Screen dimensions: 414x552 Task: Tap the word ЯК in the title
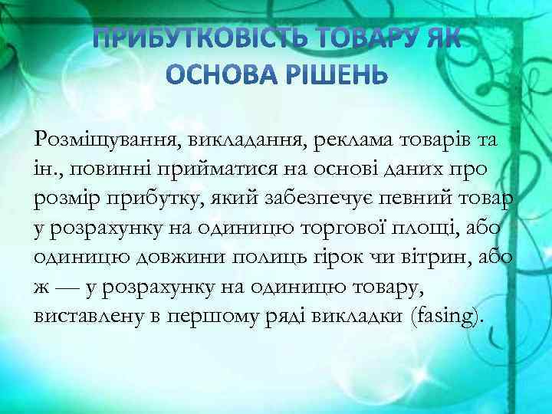tap(439, 39)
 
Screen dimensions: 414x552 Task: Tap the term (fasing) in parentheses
tap(447, 316)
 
